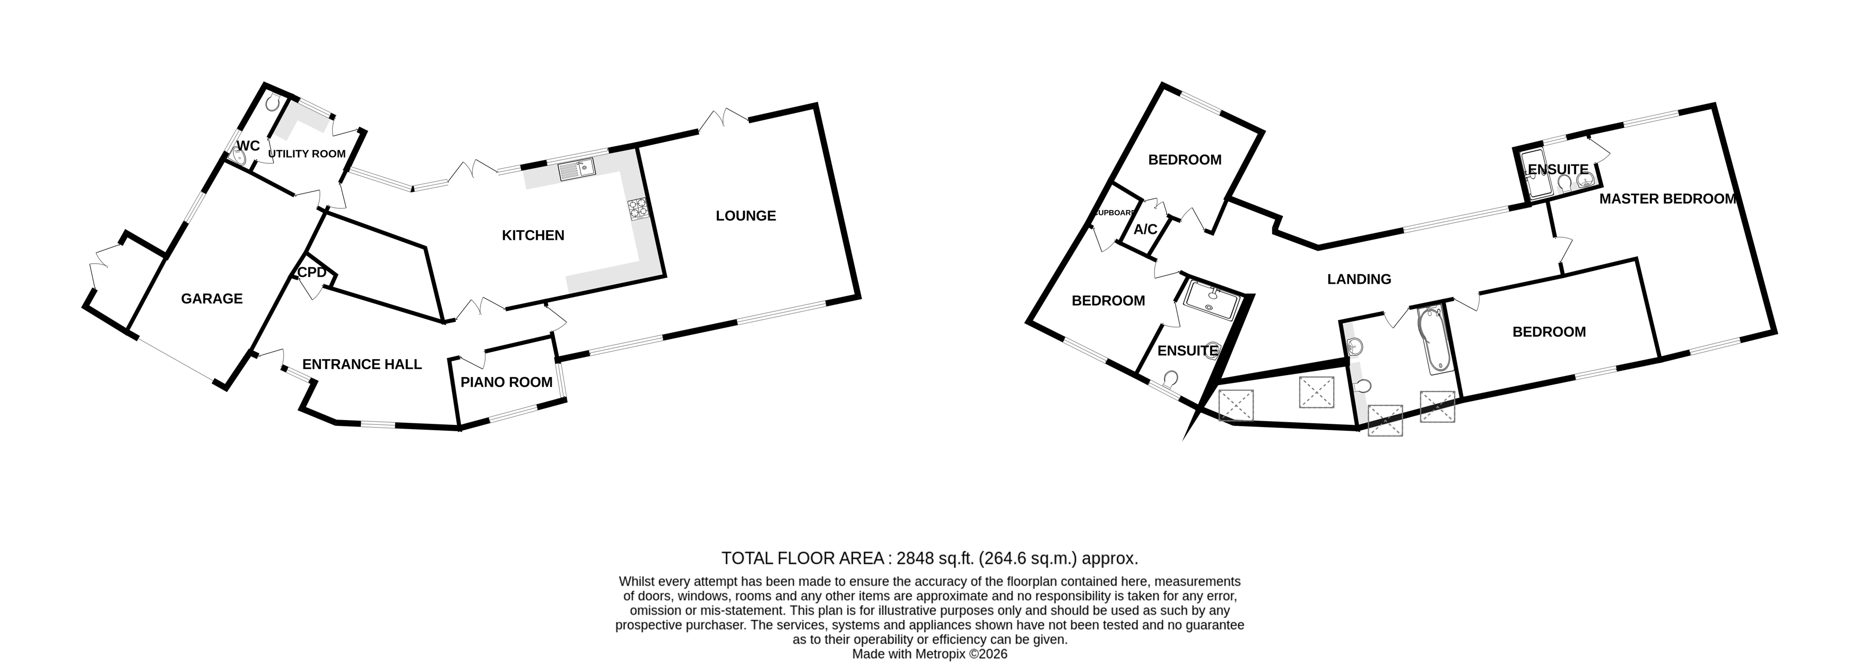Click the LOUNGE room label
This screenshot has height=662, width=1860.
click(745, 216)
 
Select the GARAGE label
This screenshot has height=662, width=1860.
click(212, 299)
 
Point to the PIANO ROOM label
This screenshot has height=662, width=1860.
click(506, 382)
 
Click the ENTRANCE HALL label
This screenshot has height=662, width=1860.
click(362, 364)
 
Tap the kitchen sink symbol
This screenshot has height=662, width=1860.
click(576, 170)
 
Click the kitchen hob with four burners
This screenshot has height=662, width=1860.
click(638, 208)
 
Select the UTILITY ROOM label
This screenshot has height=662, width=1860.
click(307, 154)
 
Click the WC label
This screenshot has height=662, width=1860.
click(248, 146)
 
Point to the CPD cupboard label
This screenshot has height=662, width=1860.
click(312, 273)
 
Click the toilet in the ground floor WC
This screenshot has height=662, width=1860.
click(272, 104)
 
